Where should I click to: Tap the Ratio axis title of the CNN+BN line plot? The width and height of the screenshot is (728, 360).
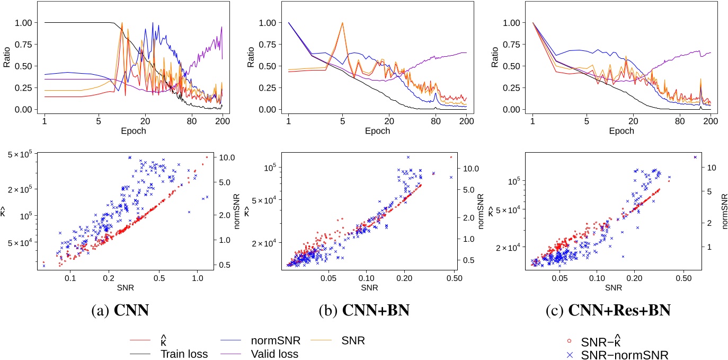tap(251, 66)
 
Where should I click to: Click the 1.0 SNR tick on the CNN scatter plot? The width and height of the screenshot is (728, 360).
tap(198, 277)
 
